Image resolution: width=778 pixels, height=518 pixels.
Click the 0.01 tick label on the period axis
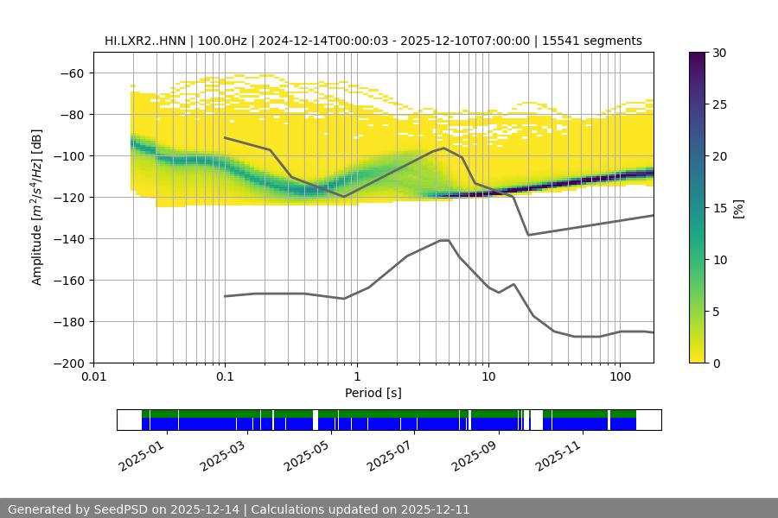pos(93,377)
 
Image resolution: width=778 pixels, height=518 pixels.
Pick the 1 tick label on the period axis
pos(356,377)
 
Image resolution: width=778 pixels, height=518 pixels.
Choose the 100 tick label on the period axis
pos(619,377)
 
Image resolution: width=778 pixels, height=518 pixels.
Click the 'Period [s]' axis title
pos(373,393)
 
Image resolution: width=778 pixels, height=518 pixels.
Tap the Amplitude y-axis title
pos(36,207)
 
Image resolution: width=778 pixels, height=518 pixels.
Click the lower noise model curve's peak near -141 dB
pos(444,240)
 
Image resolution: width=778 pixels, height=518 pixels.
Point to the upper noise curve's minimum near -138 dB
pos(528,235)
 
